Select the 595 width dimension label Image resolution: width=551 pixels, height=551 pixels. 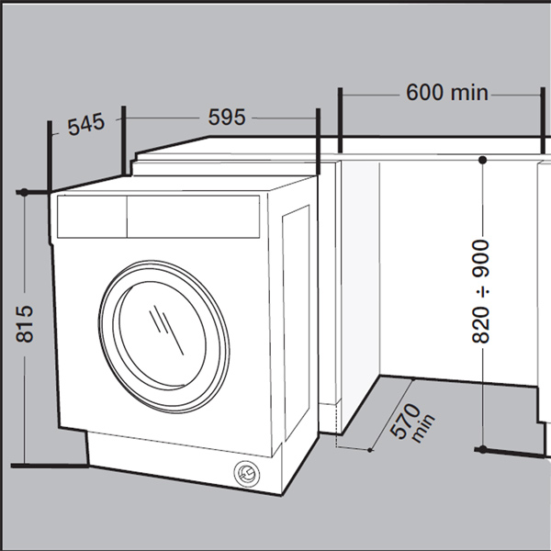pyautogui.click(x=226, y=118)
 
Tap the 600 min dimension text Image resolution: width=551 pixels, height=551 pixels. pyautogui.click(x=446, y=93)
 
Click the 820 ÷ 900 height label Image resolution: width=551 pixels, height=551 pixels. pyautogui.click(x=482, y=292)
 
